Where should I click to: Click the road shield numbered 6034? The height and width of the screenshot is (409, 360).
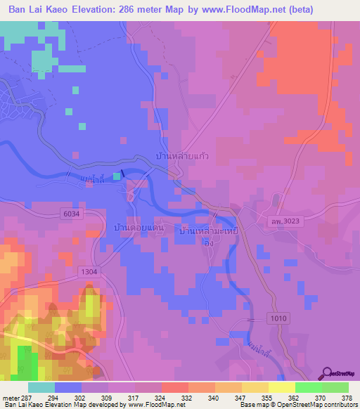tap(71, 214)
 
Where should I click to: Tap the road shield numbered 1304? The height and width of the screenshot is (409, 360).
tap(89, 271)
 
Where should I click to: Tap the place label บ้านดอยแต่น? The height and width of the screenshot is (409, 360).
tap(138, 229)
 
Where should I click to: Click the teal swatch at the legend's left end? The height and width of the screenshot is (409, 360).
tap(41, 387)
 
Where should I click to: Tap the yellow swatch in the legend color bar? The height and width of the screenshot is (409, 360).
tap(281, 387)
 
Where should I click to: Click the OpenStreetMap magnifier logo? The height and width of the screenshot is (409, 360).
tap(328, 375)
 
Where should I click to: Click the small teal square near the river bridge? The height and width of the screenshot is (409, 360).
tap(117, 176)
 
